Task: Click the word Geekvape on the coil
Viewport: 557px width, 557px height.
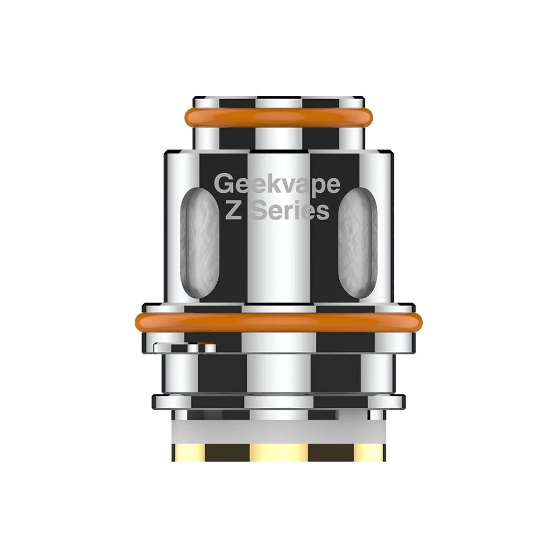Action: pos(277,184)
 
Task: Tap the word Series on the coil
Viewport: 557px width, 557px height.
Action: pos(290,211)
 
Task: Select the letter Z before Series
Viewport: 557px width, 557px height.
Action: pos(233,211)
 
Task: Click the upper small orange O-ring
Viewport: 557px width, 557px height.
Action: pos(278,118)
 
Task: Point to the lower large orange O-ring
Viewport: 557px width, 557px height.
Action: pos(279,322)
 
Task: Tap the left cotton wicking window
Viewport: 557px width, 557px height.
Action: pos(200,243)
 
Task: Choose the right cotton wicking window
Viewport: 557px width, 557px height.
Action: pos(358,243)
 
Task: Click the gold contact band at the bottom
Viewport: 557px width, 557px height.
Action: pos(279,452)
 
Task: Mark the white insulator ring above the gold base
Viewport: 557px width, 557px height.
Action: pos(279,432)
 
